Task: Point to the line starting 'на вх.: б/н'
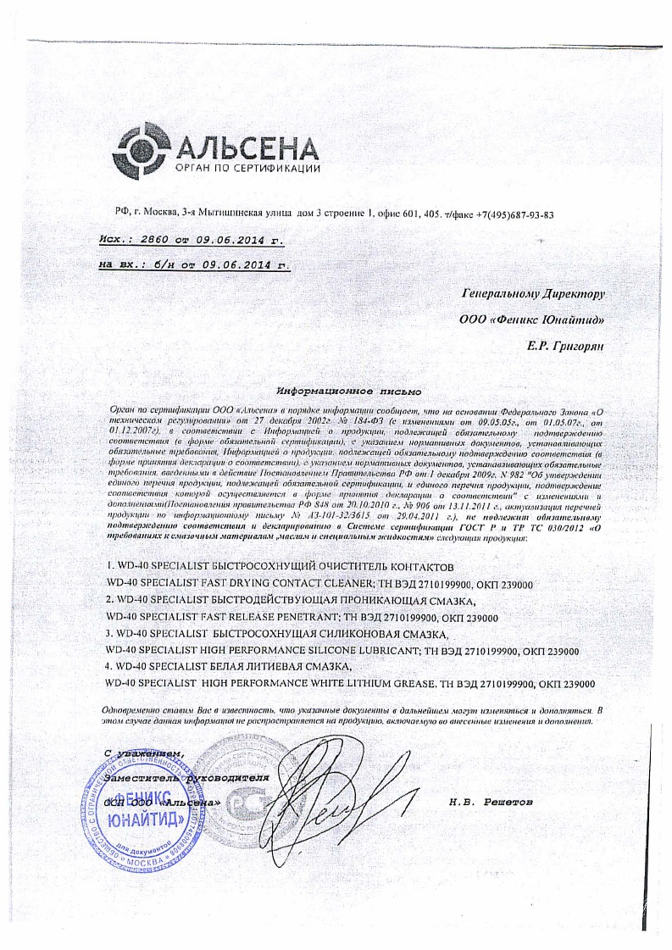tap(194, 264)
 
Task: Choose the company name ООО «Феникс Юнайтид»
tap(530, 320)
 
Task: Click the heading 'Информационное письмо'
tap(349, 392)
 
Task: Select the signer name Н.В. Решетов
tap(494, 801)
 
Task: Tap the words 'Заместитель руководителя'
tap(186, 775)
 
